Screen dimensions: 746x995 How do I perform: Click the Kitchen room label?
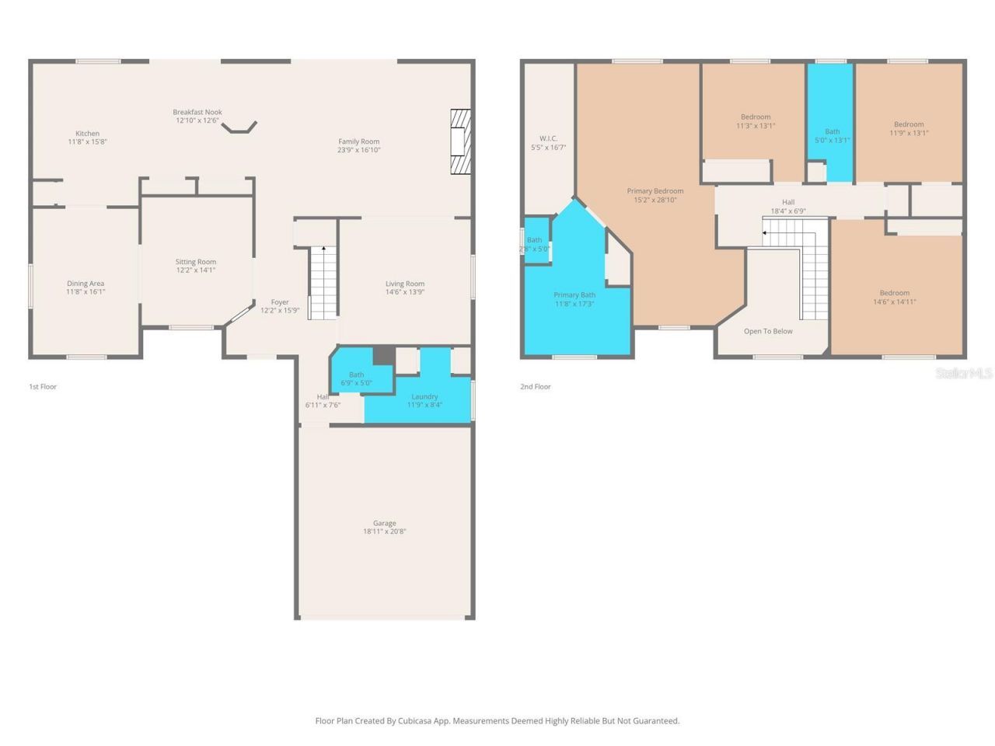point(87,134)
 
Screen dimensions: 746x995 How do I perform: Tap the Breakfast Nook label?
point(197,112)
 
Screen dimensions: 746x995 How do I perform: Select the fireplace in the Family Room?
point(460,141)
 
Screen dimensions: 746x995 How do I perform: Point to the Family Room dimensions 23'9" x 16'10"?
point(358,150)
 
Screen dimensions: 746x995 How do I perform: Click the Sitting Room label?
point(195,262)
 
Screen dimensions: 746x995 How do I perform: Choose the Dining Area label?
point(86,284)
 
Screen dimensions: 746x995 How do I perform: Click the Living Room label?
point(404,284)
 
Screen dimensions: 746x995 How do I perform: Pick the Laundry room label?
point(424,396)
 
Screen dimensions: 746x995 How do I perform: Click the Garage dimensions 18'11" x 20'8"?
point(384,532)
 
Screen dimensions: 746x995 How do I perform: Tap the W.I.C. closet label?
point(548,138)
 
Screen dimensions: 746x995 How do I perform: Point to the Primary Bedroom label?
point(655,191)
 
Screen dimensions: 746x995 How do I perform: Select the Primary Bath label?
point(574,295)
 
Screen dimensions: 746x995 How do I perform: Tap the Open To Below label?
point(768,331)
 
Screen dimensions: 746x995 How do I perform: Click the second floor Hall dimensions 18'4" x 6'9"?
point(787,211)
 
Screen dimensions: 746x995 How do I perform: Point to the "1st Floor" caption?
point(43,386)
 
